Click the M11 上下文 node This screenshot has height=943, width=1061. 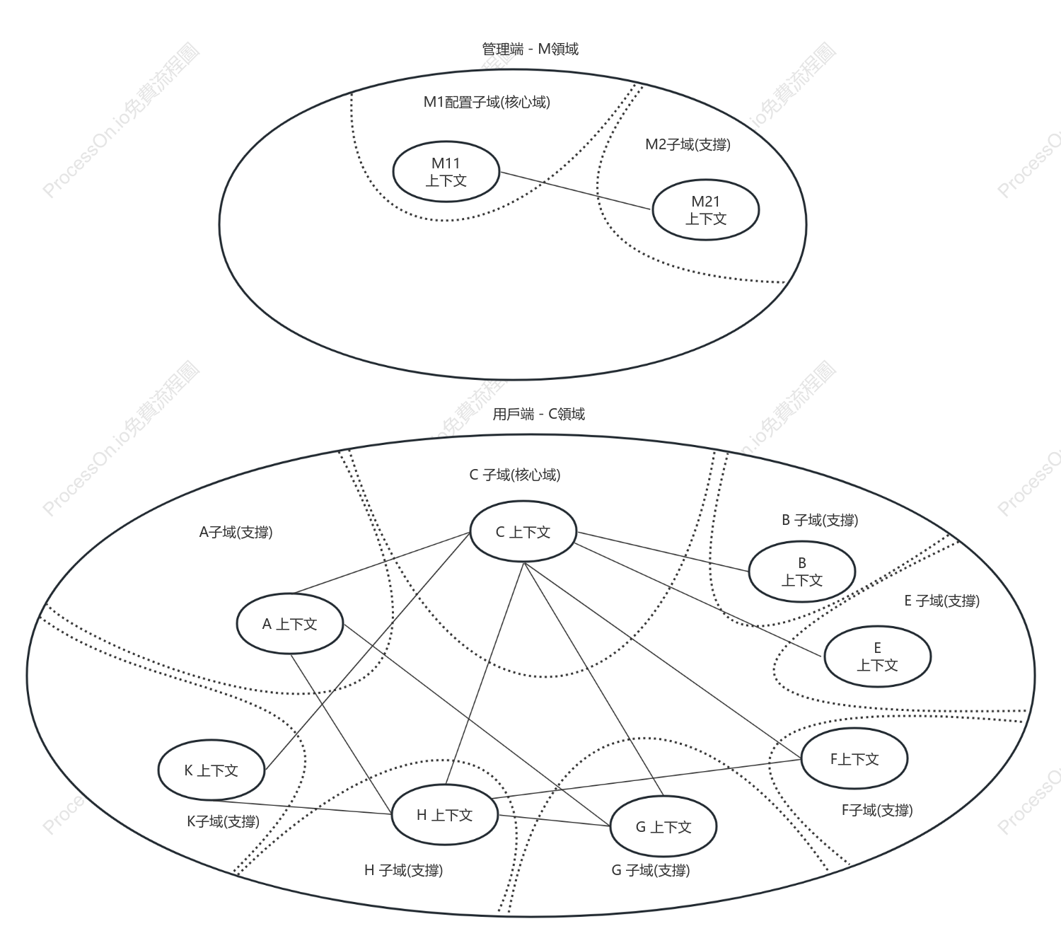click(x=446, y=171)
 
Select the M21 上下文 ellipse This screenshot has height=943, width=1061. click(x=705, y=209)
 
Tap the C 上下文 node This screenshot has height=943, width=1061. click(x=523, y=531)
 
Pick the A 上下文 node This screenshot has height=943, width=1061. click(x=289, y=623)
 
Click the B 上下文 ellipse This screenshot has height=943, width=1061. click(x=802, y=572)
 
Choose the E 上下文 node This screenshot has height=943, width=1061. click(x=877, y=656)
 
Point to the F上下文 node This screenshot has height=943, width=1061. click(x=854, y=758)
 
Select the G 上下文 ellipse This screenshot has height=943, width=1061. click(x=663, y=826)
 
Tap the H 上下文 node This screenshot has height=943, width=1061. click(x=445, y=814)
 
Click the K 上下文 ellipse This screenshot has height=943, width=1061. click(x=211, y=770)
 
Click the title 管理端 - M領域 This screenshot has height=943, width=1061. click(x=530, y=49)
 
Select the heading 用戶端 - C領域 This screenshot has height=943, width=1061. click(x=538, y=414)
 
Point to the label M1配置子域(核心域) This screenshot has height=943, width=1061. click(x=487, y=102)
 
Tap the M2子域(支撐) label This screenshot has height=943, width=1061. click(x=688, y=144)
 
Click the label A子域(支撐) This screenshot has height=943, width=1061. click(x=236, y=532)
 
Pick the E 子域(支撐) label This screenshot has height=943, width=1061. click(x=941, y=601)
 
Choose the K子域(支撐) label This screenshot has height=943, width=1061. click(x=223, y=821)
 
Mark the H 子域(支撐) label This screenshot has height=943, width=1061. click(x=403, y=870)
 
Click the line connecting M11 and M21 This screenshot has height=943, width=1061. click(x=575, y=191)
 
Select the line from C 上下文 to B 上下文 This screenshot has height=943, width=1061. click(x=663, y=552)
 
